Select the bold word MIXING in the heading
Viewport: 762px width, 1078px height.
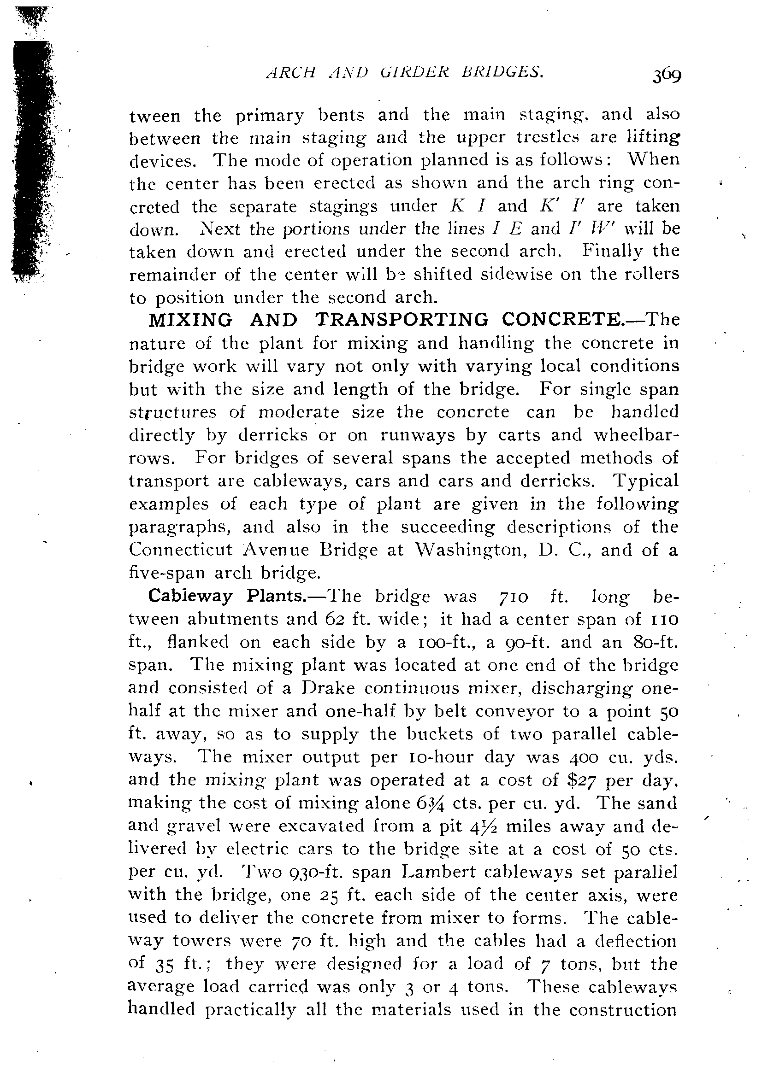190,320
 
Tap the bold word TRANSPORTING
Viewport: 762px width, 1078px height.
402,320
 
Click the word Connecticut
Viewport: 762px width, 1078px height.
181,550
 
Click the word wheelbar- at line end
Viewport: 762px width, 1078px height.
636,435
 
